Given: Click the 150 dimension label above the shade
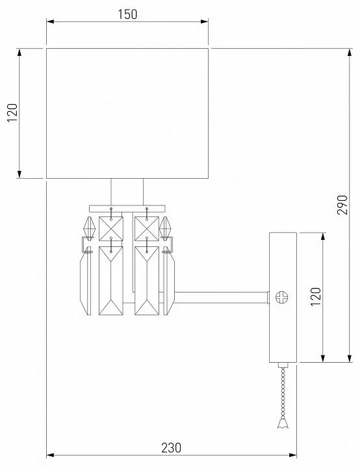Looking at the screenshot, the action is point(127,14).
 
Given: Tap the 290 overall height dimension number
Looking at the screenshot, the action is point(342,205).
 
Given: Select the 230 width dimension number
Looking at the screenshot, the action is point(171,448).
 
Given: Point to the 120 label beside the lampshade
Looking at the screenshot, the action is point(12,113).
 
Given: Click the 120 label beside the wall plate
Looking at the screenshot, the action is point(316,296).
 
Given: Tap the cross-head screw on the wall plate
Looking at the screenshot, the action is point(281,297).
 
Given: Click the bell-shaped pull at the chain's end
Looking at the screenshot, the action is point(283,423).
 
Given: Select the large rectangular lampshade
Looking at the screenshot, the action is point(127,113).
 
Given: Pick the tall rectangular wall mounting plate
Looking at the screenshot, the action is point(283,297).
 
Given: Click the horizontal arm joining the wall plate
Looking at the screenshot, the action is point(221,298).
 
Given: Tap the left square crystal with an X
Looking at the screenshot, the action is point(110,229).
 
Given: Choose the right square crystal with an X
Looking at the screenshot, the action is point(147,229).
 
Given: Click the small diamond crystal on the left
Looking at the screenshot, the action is point(89,228).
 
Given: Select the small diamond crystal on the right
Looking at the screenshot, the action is point(165,228).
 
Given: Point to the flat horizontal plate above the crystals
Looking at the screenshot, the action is point(127,209).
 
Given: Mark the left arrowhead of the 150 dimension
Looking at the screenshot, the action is point(50,21).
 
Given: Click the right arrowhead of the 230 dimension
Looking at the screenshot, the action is point(293,455).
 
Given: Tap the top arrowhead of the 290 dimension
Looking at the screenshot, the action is point(350,52).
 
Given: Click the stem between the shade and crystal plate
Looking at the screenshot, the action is point(127,192).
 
